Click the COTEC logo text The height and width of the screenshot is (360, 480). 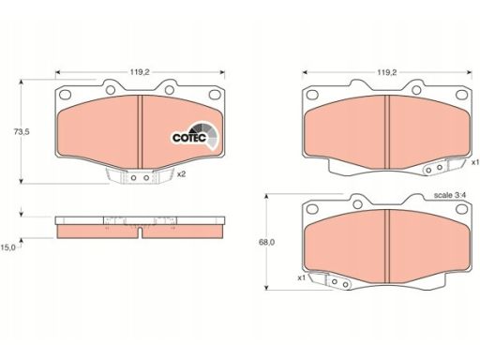point(189,138)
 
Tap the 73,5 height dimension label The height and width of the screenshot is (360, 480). point(22,131)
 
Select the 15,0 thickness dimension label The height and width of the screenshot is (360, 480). point(7,247)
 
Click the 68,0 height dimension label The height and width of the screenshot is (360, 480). point(266,242)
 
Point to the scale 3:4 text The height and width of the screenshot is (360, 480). point(450,195)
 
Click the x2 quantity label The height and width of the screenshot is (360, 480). point(181,174)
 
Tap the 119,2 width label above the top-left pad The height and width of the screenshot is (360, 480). point(140,72)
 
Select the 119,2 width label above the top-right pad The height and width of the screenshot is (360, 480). point(387,72)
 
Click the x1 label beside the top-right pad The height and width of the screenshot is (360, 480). point(475,162)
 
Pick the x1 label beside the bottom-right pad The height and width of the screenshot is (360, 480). point(301,277)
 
